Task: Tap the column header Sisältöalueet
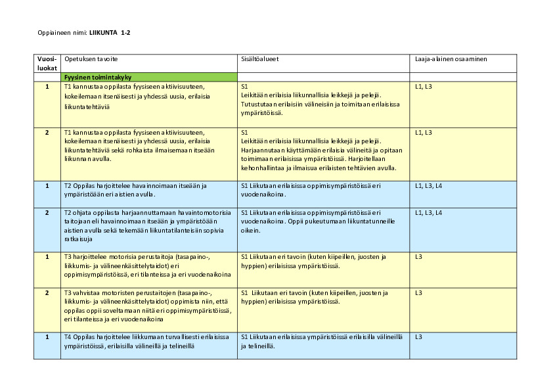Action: [260, 59]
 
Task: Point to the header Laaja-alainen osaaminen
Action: [451, 59]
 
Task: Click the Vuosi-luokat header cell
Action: [47, 63]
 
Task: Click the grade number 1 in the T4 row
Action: [47, 337]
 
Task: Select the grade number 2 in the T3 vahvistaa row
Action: [47, 292]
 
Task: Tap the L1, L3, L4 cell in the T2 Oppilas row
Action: [428, 186]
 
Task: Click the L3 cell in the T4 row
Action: [419, 337]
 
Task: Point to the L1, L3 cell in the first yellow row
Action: [424, 87]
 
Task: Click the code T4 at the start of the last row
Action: [68, 337]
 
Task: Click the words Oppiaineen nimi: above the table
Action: [62, 32]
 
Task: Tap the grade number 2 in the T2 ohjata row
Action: [47, 213]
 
